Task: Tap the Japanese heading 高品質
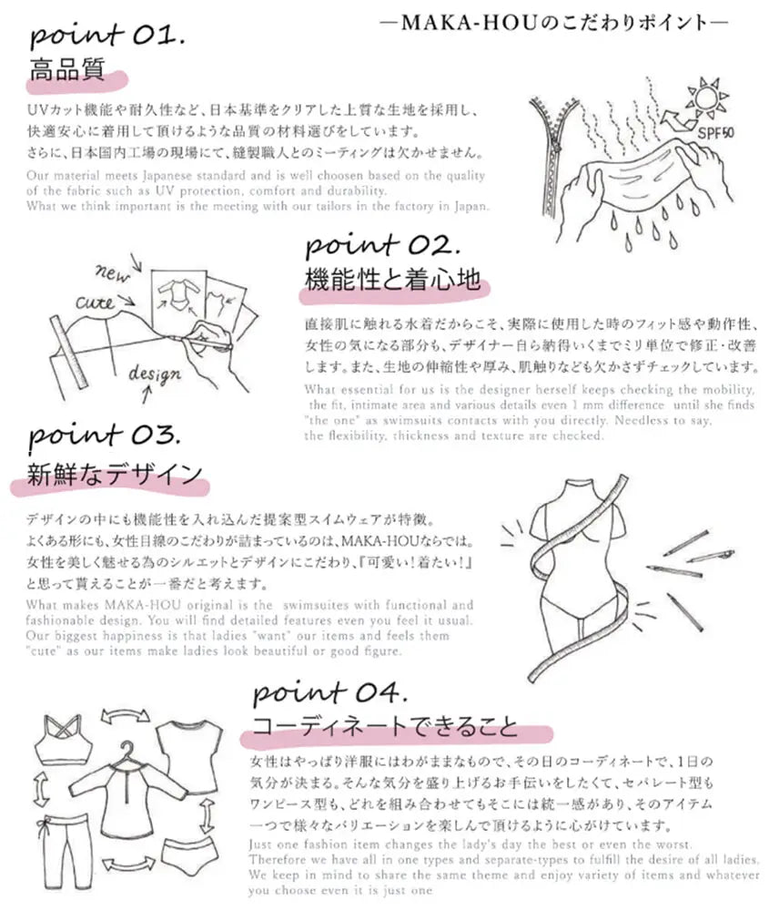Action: point(66,70)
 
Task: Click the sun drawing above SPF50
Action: point(709,98)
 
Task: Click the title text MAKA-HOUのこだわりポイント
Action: point(552,21)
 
